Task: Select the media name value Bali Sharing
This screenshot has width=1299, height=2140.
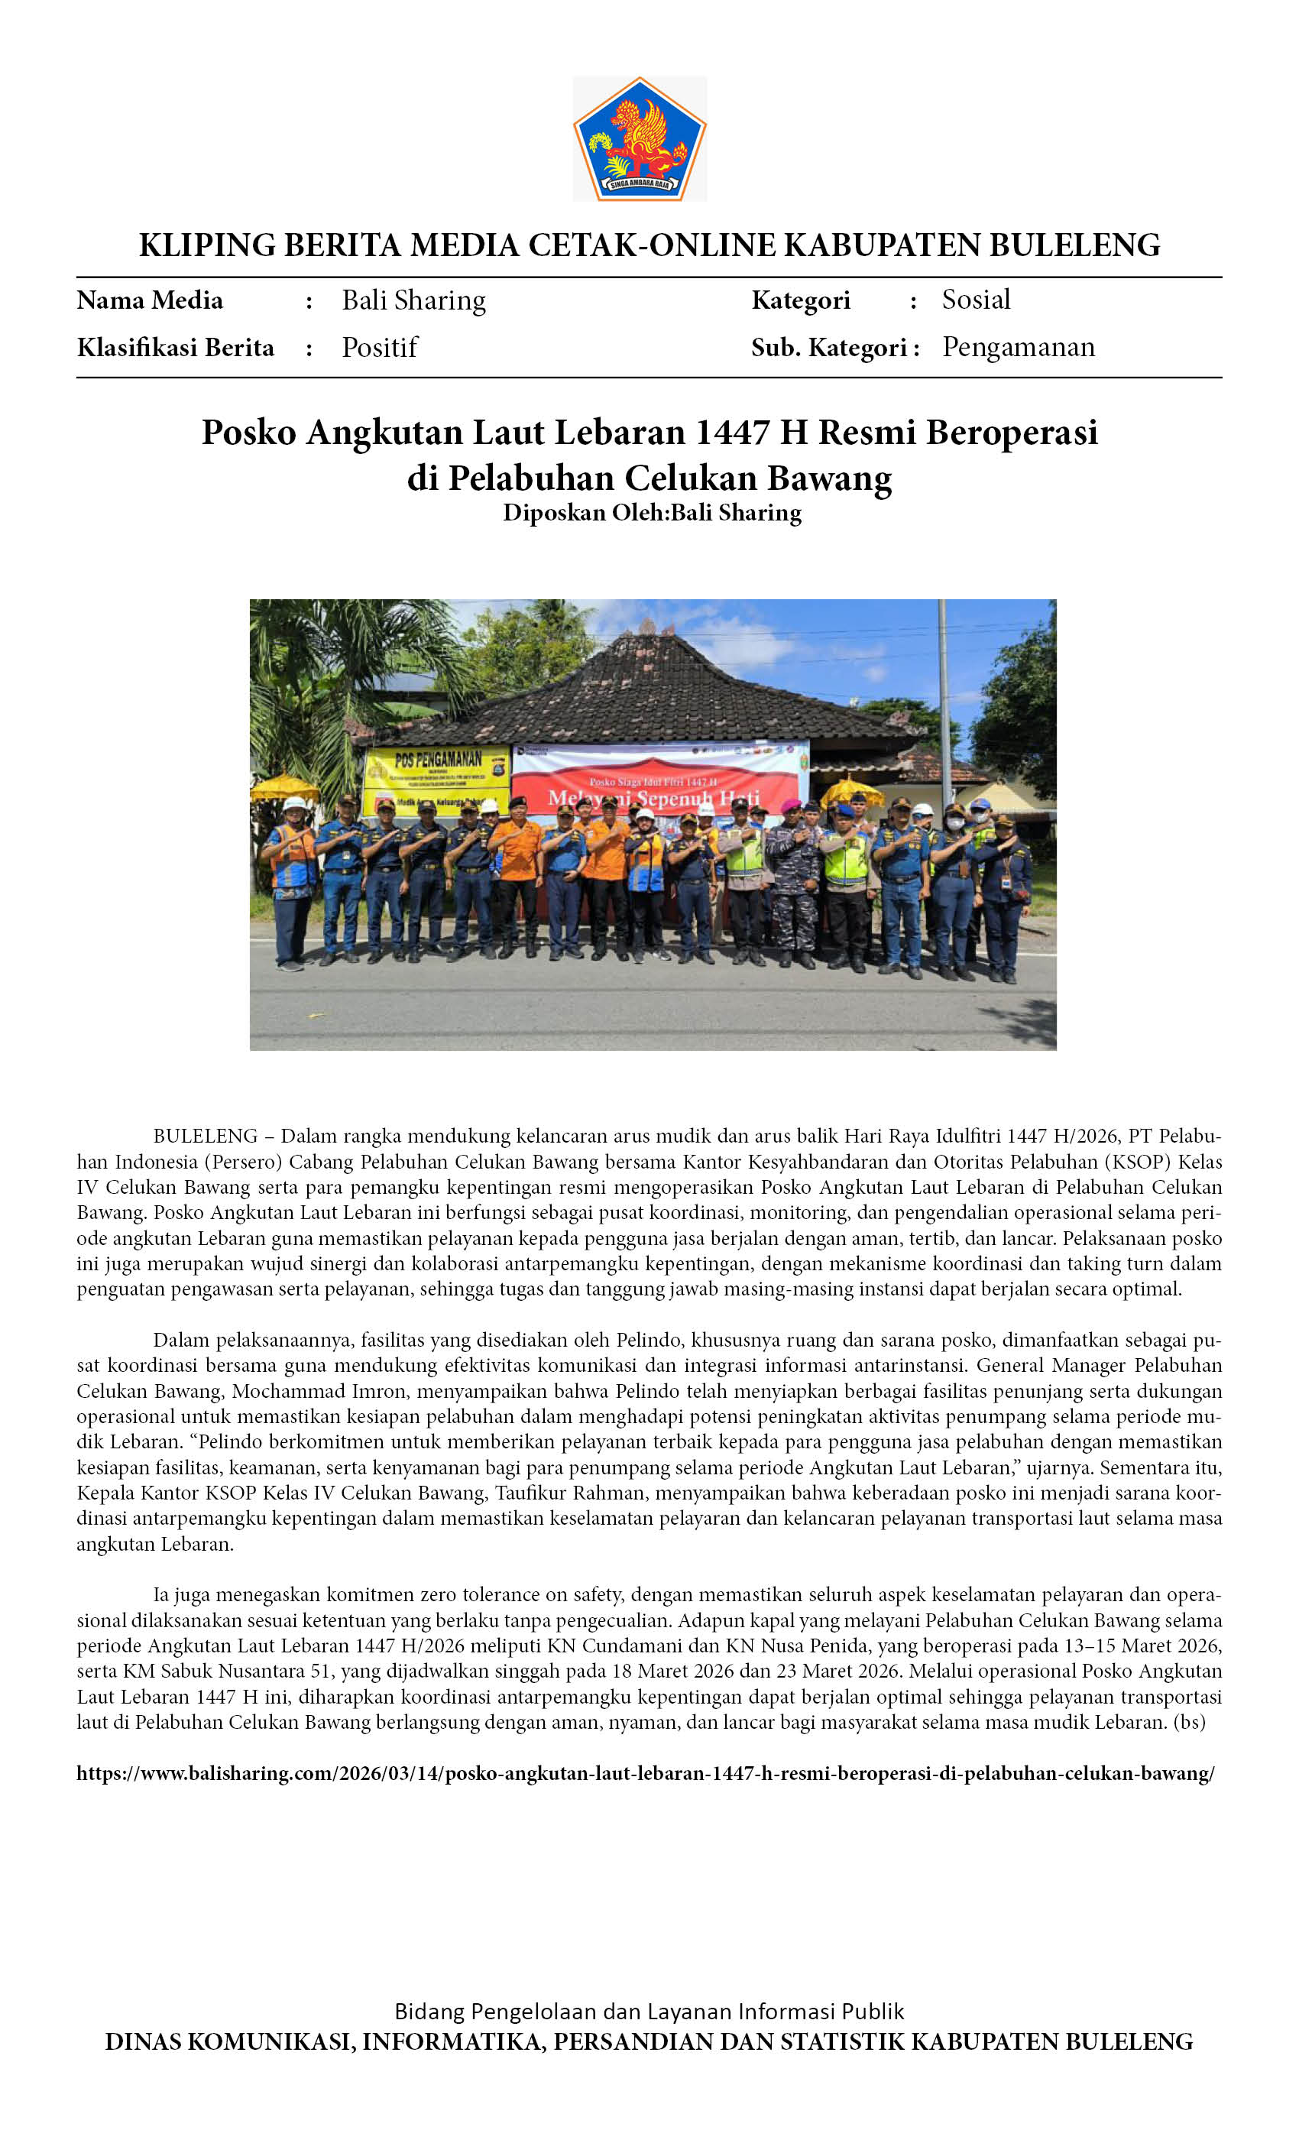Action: [413, 300]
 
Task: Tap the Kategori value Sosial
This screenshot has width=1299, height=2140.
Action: [976, 300]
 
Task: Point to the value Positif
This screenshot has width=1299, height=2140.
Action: [380, 348]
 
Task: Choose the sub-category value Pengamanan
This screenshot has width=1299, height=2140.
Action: [1019, 348]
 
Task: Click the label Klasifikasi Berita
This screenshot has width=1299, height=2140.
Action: [176, 348]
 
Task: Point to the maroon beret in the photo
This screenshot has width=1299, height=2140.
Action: [790, 806]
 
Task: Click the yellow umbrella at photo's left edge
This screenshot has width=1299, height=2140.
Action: [283, 789]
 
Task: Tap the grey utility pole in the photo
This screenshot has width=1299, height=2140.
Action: [944, 695]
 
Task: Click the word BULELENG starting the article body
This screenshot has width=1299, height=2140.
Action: [205, 1136]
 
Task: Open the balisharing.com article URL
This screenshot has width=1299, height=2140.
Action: [645, 1773]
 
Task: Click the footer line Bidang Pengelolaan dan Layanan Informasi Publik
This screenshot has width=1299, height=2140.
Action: [649, 2012]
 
